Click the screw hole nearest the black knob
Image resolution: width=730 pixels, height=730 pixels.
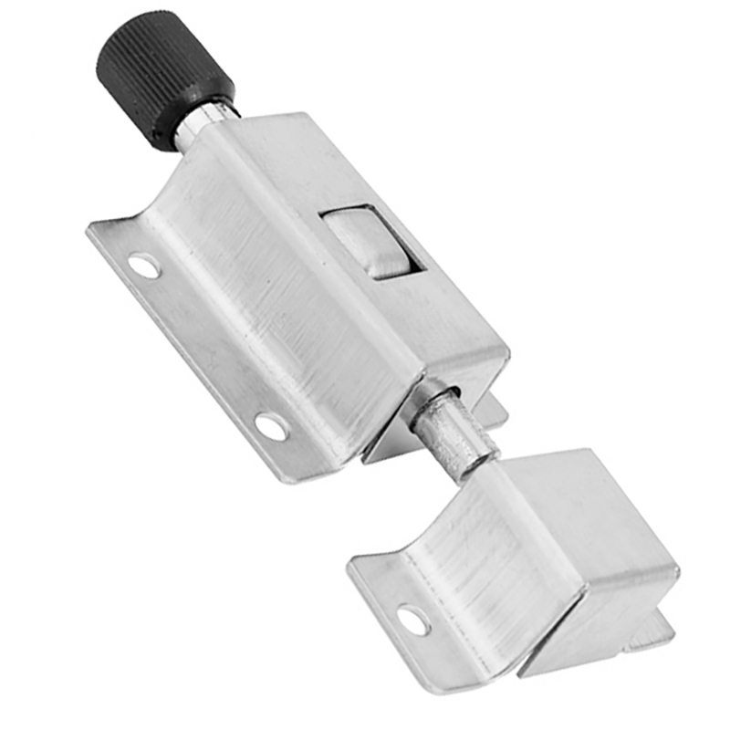144,266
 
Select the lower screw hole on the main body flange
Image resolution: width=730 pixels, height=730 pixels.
271,424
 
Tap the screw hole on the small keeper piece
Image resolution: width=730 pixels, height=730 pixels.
413,620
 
